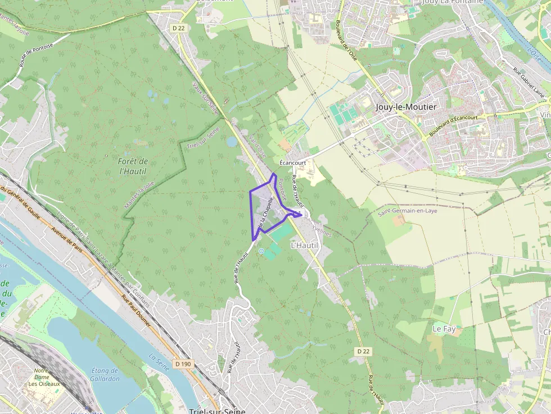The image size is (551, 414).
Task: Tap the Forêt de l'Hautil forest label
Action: pyautogui.click(x=134, y=166)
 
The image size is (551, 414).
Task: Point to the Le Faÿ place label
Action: pyautogui.click(x=444, y=328)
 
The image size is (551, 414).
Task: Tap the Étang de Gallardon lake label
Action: pyautogui.click(x=105, y=374)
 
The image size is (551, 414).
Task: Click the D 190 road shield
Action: pyautogui.click(x=183, y=364)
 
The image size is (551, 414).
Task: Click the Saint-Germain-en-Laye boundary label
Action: pyautogui.click(x=407, y=211)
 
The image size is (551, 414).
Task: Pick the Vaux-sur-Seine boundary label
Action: pyautogui.click(x=205, y=99)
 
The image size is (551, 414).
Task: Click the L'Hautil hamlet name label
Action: pyautogui.click(x=304, y=246)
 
